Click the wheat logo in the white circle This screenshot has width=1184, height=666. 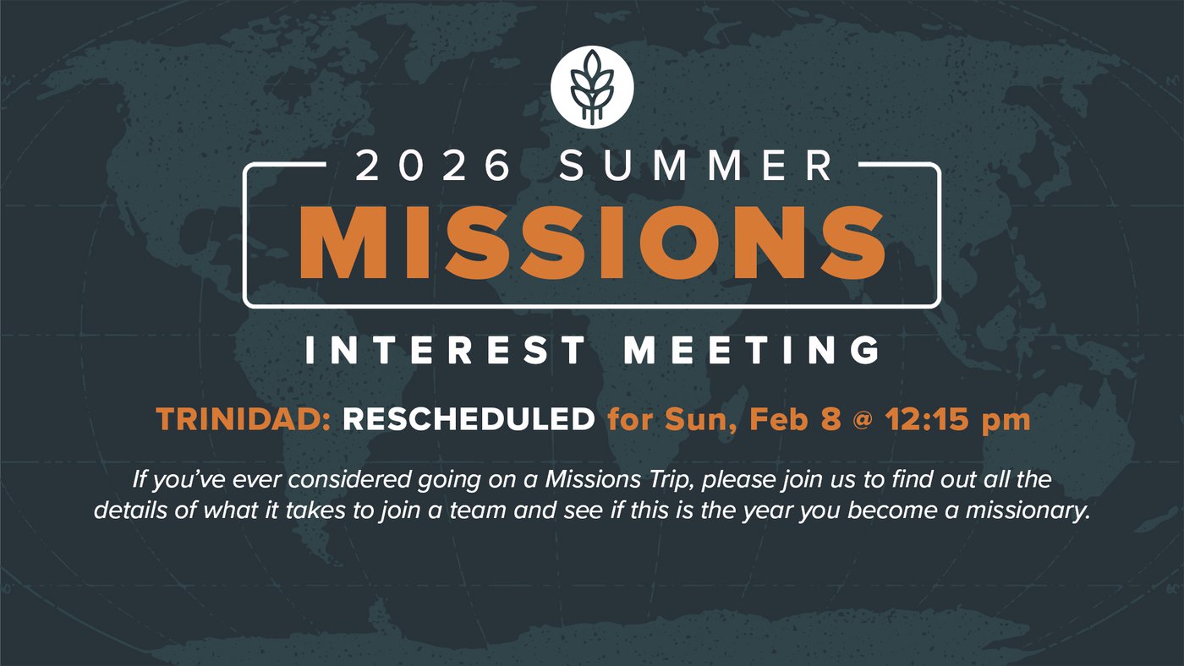point(592,88)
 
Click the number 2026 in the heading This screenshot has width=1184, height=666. point(432,166)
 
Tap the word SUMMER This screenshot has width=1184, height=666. point(695,166)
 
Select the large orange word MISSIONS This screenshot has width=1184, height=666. point(592,243)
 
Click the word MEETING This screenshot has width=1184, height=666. point(752,350)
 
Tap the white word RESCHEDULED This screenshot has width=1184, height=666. point(469,419)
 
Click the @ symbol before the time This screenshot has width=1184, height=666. point(862,421)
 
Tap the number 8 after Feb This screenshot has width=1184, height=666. point(830,419)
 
